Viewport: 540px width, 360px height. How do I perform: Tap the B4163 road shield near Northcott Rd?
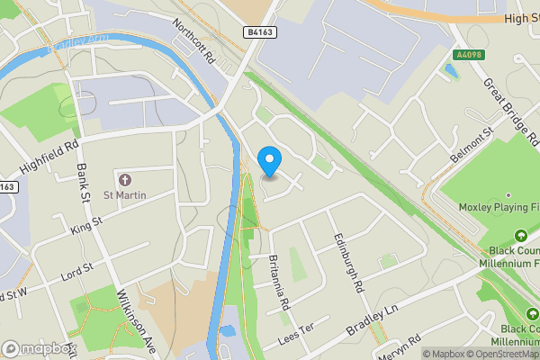[259, 31]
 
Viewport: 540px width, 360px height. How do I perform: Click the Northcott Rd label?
[193, 40]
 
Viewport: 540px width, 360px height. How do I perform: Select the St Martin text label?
[124, 194]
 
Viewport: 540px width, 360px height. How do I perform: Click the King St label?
[86, 224]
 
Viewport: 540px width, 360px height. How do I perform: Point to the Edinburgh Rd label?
[346, 262]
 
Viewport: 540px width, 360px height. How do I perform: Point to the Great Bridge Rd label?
[510, 112]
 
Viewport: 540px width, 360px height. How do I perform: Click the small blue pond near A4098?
[450, 70]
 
